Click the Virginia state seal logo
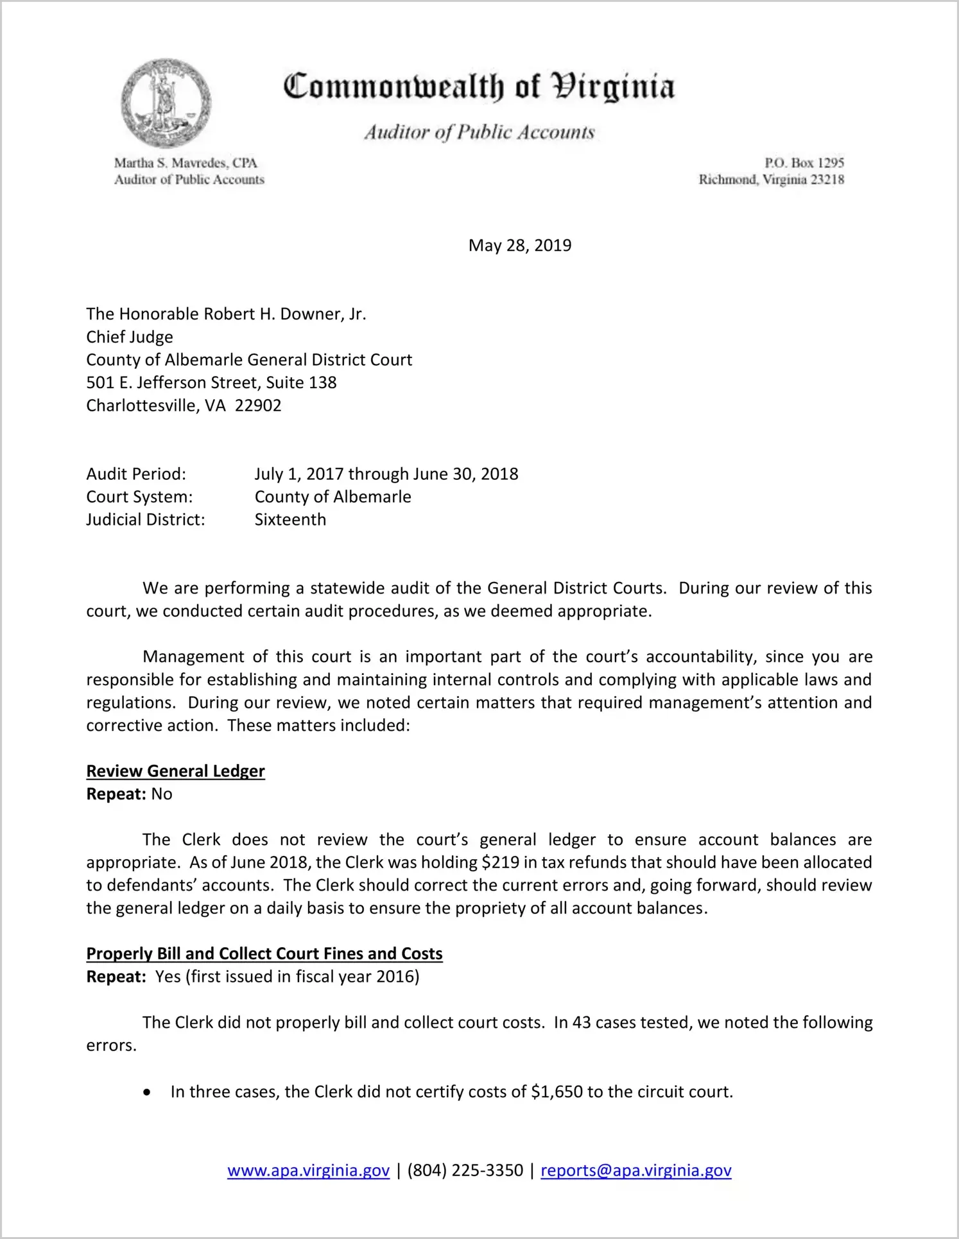click(166, 103)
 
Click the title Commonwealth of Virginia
click(479, 87)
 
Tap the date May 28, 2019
click(519, 246)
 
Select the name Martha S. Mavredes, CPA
click(186, 163)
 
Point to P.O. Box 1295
click(804, 163)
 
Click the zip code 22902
click(258, 406)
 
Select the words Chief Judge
click(130, 337)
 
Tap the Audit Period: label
click(136, 474)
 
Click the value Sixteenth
click(290, 520)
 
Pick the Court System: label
click(139, 497)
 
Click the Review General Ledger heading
click(175, 771)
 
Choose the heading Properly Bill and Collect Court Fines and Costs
click(264, 954)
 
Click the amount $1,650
click(557, 1092)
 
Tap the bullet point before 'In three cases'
click(148, 1093)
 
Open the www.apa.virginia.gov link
click(308, 1171)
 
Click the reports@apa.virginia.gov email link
click(635, 1171)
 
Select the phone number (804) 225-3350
click(465, 1171)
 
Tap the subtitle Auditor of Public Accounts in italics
click(479, 132)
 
